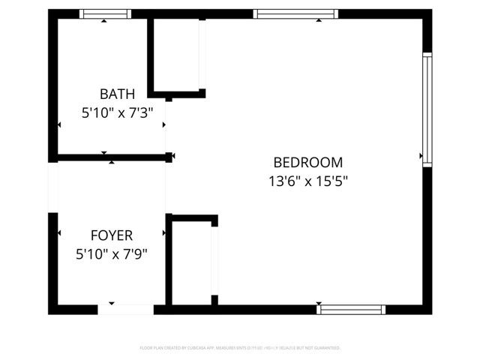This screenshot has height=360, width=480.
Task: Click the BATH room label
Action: [118, 94]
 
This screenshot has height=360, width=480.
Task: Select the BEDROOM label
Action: [307, 162]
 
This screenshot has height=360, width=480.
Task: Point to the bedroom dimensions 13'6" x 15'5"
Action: [307, 181]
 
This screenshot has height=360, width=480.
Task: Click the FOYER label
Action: [112, 235]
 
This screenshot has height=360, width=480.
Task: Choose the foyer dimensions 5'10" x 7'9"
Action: [112, 254]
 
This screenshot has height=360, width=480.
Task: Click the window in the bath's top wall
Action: [106, 13]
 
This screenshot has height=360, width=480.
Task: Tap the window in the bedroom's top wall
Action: [295, 13]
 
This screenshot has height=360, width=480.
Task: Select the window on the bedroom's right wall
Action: [427, 109]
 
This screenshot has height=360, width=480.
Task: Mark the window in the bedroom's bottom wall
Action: [351, 309]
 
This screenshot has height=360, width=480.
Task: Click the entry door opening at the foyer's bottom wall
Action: [125, 309]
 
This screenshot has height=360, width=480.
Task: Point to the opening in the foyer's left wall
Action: [52, 187]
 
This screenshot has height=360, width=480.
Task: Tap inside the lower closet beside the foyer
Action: [192, 262]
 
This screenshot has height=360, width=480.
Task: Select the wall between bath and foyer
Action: [112, 157]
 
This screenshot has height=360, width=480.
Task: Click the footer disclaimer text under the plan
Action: [240, 348]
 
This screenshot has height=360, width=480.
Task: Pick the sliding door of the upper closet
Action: [201, 52]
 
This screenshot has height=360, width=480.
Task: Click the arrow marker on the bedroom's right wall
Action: [421, 156]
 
